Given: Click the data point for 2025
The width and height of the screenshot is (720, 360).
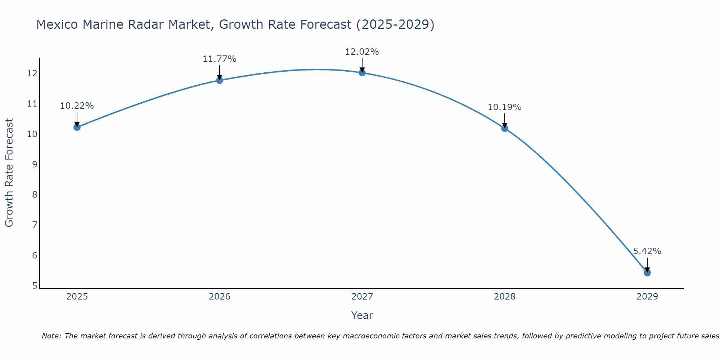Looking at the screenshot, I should [77, 127].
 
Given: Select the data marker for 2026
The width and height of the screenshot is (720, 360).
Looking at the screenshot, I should [220, 80].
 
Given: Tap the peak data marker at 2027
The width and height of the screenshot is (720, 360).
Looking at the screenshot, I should [362, 73].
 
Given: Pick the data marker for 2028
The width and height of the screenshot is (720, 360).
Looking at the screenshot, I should [505, 128].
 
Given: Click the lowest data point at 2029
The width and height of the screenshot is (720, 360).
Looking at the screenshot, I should [647, 273].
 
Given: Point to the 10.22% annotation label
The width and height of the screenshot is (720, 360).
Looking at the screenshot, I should [77, 106].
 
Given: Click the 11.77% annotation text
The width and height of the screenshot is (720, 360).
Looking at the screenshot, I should [219, 59].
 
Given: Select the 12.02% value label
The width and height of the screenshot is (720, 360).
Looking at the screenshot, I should [362, 52].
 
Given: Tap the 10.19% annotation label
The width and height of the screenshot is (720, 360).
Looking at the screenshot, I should [504, 107].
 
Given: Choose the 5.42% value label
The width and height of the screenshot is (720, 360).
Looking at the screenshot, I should [647, 251].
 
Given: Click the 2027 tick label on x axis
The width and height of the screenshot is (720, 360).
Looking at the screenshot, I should [362, 297].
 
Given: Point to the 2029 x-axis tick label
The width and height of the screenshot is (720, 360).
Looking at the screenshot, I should [647, 297].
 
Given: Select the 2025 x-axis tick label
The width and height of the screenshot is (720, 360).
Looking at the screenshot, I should [77, 297].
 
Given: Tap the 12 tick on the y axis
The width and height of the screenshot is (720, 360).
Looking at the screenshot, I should [32, 73].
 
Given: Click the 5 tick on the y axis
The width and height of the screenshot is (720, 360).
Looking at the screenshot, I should [35, 285].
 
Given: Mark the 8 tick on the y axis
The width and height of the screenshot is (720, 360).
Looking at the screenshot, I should [35, 195].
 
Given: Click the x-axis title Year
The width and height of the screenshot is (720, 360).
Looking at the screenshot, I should [362, 315].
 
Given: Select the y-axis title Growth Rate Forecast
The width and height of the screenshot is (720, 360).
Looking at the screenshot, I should [9, 172].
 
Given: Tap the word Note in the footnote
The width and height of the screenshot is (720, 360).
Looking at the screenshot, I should [52, 336].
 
